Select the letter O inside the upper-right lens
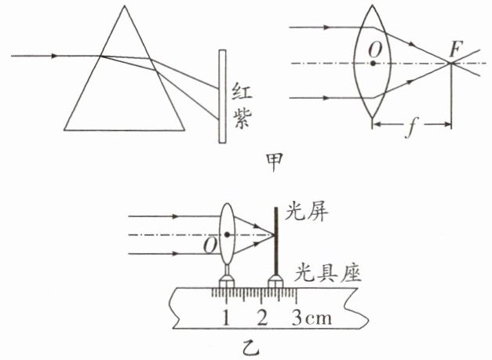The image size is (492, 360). [376, 49]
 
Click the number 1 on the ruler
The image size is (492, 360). [226, 319]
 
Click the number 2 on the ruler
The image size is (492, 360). [262, 319]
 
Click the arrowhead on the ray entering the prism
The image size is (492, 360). [53, 56]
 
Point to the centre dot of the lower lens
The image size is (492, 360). [228, 235]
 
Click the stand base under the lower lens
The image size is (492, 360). [228, 278]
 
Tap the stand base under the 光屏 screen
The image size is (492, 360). [275, 278]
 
